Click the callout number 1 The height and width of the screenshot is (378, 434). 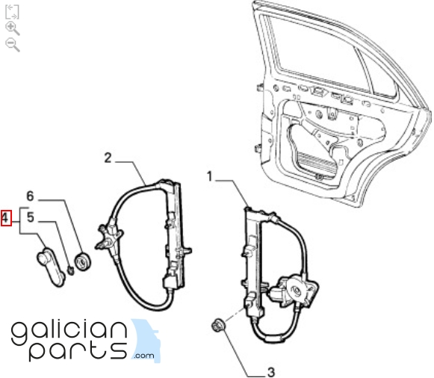[x=209, y=176]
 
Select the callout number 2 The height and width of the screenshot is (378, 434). [x=108, y=158]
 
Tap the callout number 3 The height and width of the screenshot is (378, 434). [x=270, y=371]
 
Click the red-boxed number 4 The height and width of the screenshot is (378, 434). [x=6, y=218]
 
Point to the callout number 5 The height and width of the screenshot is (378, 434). [x=31, y=217]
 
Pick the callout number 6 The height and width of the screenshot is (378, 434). [x=30, y=196]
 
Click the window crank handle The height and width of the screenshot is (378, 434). [x=51, y=266]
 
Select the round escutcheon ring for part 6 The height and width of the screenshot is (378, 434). [x=83, y=262]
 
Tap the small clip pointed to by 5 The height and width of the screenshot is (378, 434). [x=71, y=270]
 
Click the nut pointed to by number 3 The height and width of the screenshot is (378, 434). [x=218, y=325]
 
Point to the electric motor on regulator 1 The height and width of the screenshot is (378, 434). [x=294, y=291]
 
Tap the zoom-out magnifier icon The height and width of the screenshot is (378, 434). [x=13, y=45]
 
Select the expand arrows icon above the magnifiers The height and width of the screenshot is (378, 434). [x=12, y=12]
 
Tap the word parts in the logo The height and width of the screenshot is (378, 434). [x=78, y=351]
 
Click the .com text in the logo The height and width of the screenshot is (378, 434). [x=144, y=356]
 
